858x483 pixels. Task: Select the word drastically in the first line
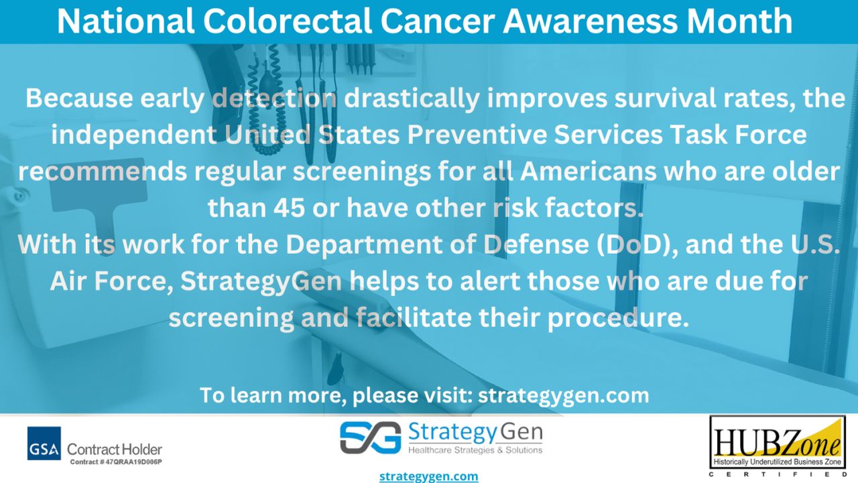click(412, 98)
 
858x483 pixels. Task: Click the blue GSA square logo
click(44, 443)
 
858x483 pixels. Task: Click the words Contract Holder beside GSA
click(115, 449)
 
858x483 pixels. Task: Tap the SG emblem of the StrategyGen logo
click(369, 438)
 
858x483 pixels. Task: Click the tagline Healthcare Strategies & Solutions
click(475, 450)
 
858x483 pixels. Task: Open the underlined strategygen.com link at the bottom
click(429, 476)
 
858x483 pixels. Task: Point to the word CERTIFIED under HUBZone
click(778, 474)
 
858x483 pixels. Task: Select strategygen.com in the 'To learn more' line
click(563, 395)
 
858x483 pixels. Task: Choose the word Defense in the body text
click(534, 245)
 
